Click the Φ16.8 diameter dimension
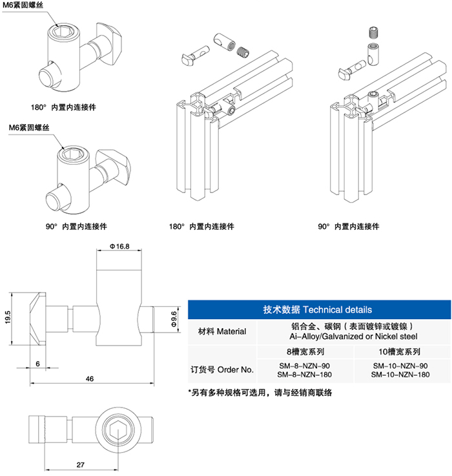[x=120, y=246]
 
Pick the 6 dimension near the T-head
[x=37, y=364]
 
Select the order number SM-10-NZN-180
[x=402, y=375]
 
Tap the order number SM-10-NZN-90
[x=402, y=365]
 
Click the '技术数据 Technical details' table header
[x=318, y=310]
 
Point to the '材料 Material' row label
[x=221, y=331]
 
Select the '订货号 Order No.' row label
[x=221, y=369]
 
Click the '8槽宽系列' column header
[x=305, y=353]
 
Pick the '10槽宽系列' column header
[x=402, y=353]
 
